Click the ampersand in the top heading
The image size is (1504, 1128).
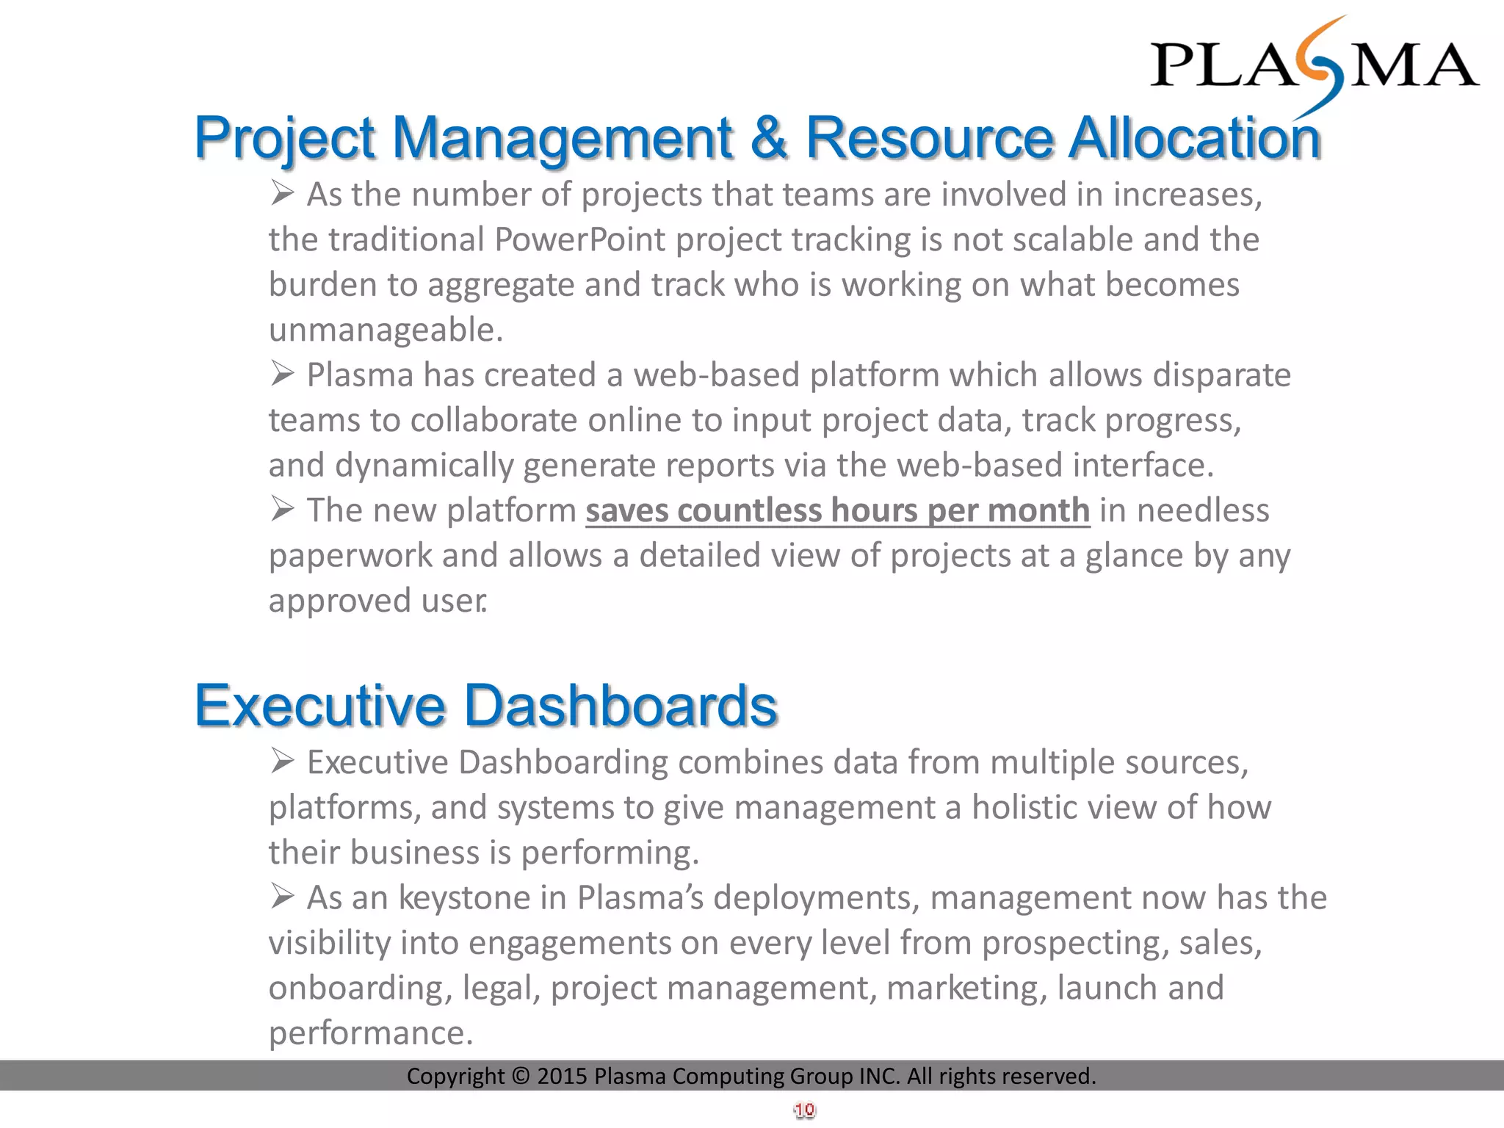click(x=768, y=137)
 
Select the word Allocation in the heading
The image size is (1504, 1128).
click(x=1194, y=137)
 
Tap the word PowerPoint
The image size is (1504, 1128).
click(x=579, y=240)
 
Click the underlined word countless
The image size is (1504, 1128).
click(x=749, y=510)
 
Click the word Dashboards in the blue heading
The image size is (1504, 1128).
click(x=621, y=705)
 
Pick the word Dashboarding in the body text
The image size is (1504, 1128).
click(x=563, y=762)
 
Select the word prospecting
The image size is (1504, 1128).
click(x=1075, y=944)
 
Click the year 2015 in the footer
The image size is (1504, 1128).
click(x=562, y=1077)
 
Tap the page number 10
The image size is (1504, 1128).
click(x=804, y=1110)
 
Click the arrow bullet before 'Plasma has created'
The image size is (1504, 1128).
click(x=282, y=374)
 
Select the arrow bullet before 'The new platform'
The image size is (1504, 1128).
click(x=282, y=509)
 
